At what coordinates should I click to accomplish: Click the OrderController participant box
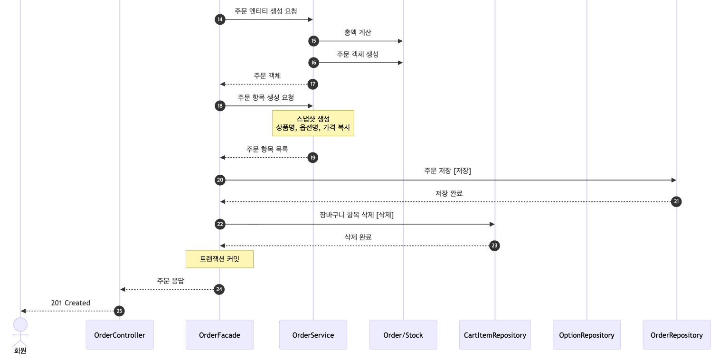(x=120, y=335)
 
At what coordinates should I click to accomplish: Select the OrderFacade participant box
(x=219, y=335)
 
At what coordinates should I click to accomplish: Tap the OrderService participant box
(x=313, y=335)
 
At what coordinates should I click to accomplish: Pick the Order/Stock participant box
(x=403, y=335)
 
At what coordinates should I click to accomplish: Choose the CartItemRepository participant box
(x=495, y=335)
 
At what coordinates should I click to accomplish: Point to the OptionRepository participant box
(x=587, y=335)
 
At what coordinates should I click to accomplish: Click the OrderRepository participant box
(x=677, y=335)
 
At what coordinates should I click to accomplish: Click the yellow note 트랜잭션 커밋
(x=219, y=259)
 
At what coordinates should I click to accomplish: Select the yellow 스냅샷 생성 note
(x=313, y=123)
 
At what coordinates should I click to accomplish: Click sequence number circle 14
(x=220, y=19)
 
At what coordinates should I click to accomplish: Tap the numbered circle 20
(x=220, y=180)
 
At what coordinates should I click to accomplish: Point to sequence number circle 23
(x=494, y=246)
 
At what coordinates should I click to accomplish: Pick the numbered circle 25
(x=120, y=311)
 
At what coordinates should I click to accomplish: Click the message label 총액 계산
(x=358, y=33)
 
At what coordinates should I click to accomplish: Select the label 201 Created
(x=71, y=303)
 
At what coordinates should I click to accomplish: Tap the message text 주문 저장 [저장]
(x=447, y=171)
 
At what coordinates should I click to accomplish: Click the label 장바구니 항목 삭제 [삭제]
(x=357, y=215)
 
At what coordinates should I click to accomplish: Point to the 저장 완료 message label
(x=449, y=193)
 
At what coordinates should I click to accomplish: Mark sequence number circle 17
(x=312, y=84)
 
